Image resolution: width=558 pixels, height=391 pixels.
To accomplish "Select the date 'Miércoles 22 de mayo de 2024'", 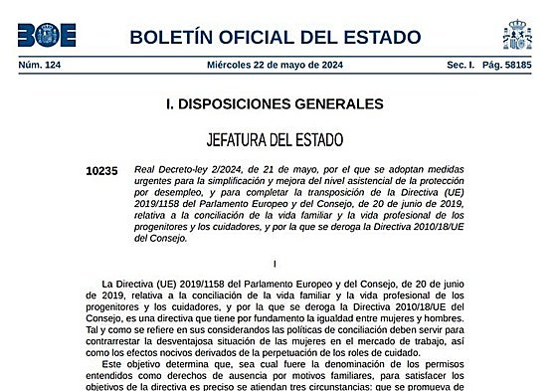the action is [275, 65].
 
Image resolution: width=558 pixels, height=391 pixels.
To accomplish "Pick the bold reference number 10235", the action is [101, 171].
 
